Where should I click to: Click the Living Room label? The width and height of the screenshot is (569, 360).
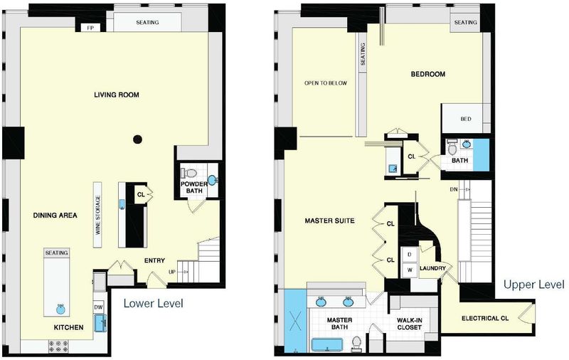(117, 95)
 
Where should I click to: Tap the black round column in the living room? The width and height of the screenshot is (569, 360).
(137, 139)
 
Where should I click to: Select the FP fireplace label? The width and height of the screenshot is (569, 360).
(91, 28)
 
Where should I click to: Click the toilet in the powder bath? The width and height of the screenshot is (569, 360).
(188, 173)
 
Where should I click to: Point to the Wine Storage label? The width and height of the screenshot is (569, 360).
(98, 215)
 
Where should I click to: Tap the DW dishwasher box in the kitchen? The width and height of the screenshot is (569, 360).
(98, 307)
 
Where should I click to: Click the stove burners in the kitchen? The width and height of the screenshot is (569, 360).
(58, 346)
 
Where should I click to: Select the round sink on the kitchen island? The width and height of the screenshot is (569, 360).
(60, 309)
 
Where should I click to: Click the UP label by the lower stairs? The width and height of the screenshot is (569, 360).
(172, 272)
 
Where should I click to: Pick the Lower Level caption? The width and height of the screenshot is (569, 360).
(154, 303)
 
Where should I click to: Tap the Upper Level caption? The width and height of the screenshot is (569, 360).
(534, 284)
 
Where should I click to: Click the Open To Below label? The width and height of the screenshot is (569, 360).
(326, 83)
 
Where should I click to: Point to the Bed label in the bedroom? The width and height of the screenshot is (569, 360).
(466, 119)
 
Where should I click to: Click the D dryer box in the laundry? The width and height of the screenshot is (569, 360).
(410, 255)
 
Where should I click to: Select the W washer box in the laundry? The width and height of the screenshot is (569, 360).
(410, 270)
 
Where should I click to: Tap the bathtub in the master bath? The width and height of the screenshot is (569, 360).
(327, 345)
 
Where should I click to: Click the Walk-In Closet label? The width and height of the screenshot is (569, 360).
(410, 324)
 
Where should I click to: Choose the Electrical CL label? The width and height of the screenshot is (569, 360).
(485, 318)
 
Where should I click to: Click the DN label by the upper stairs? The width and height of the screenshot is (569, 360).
(454, 189)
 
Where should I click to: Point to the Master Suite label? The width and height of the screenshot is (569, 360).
(329, 221)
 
